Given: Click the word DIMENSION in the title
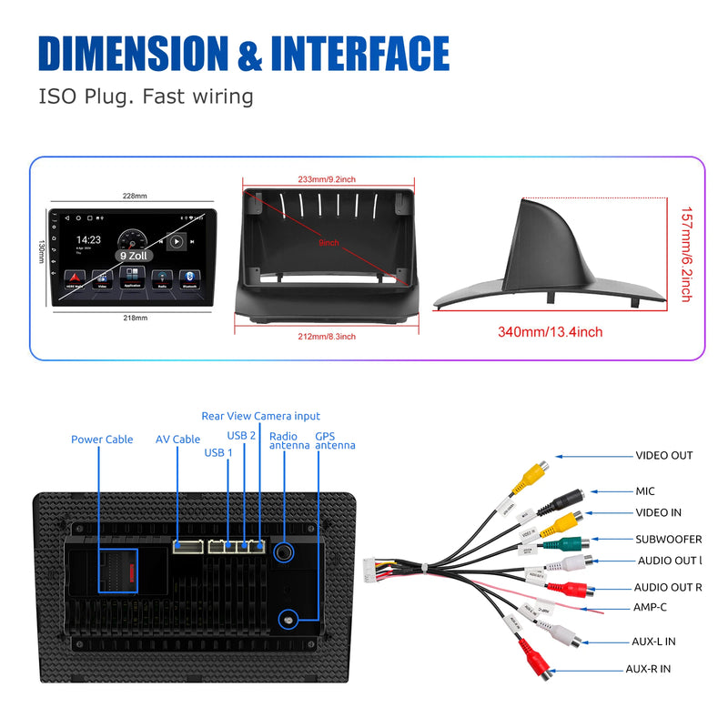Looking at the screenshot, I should pos(133,54).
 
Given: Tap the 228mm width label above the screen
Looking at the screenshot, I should pos(134,196).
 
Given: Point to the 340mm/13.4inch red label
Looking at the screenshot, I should pos(550,332).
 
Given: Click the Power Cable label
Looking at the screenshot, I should pos(102,440).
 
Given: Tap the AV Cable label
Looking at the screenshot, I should pos(177,440).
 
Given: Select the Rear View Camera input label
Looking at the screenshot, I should pos(261,416).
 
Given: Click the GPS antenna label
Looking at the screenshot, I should pos(335,440).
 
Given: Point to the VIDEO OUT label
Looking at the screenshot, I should pos(663,455).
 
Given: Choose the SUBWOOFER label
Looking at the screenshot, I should pos(668,540).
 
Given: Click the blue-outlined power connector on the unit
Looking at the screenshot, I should pos(117,572).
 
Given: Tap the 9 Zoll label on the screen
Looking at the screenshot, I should pos(133,257).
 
